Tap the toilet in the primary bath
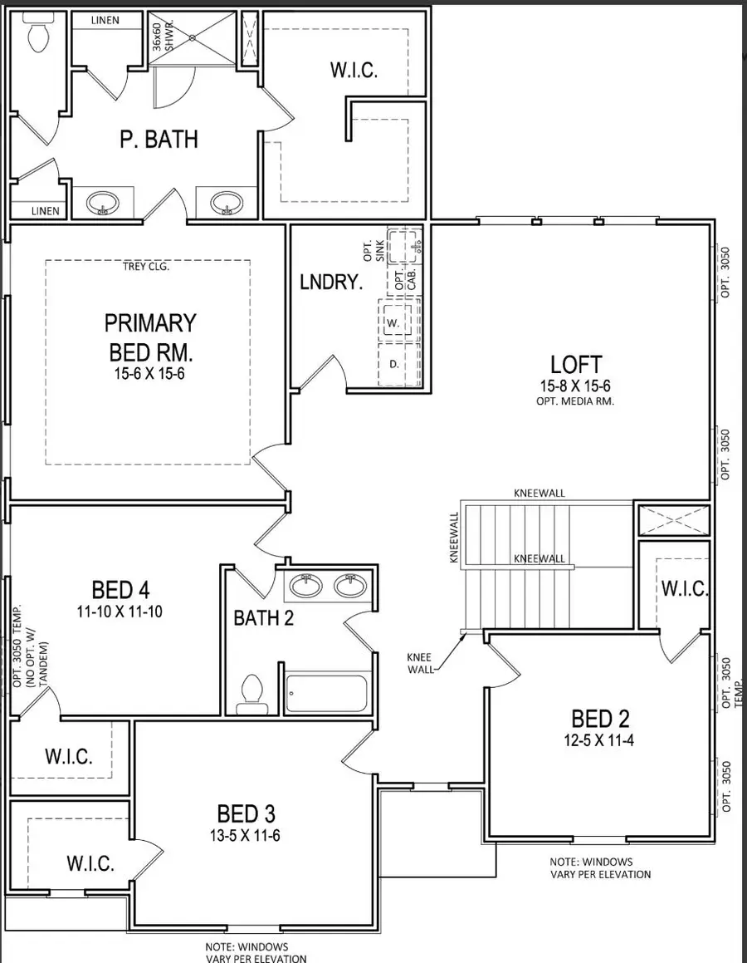pos(38,33)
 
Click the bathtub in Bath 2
pos(326,693)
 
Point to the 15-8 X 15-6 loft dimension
pos(575,387)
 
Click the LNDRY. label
pos(331,283)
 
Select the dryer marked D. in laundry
pos(394,364)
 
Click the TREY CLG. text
pos(147,267)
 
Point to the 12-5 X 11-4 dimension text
pos(603,739)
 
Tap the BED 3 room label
pos(247,813)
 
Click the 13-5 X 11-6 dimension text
pos(247,835)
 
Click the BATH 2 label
pos(263,618)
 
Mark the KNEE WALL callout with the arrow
pos(419,661)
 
